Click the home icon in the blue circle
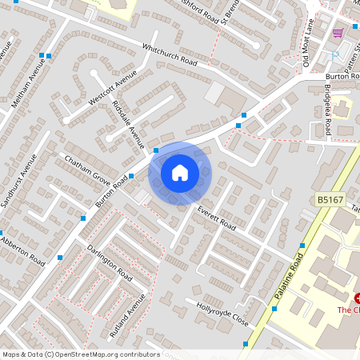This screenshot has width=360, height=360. pos(180,172)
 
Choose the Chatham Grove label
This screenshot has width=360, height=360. pos(87,167)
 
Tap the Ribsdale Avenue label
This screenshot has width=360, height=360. pos(129,125)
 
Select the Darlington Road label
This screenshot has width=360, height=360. pos(110,262)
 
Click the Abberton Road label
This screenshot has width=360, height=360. pos(22,250)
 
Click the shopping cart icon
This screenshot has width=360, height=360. pos(338,33)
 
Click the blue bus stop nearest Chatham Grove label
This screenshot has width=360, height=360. pos(131,176)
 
